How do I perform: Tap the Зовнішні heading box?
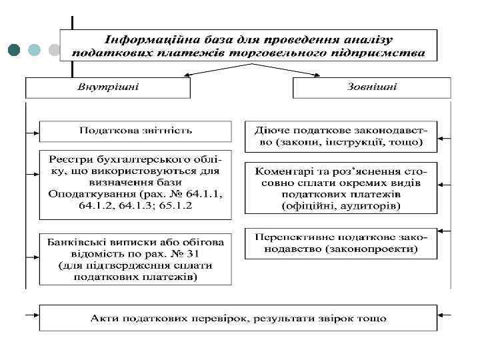(x=371, y=87)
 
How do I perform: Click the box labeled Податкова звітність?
(x=135, y=130)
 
